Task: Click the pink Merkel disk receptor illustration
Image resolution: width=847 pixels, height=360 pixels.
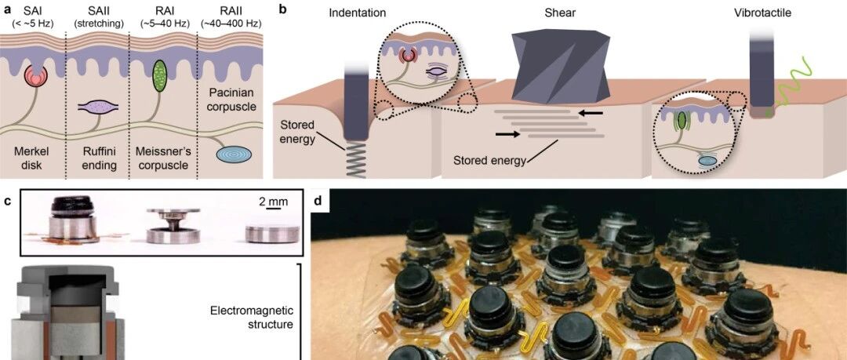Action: (x=36, y=75)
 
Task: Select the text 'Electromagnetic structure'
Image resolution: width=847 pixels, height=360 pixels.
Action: (x=251, y=316)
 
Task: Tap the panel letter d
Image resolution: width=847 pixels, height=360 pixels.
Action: (x=318, y=202)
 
